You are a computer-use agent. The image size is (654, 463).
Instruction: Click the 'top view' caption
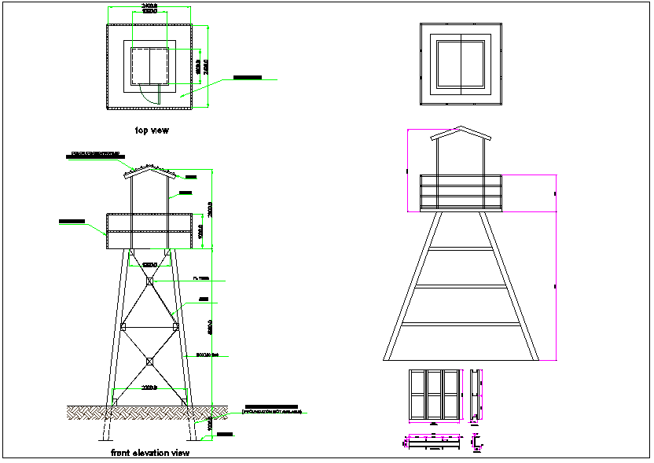click(x=151, y=130)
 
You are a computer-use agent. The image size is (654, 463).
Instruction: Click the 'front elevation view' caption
click(x=150, y=453)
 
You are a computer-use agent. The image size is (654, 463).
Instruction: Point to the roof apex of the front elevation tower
click(x=149, y=167)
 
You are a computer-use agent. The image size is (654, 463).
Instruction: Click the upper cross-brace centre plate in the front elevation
click(x=149, y=281)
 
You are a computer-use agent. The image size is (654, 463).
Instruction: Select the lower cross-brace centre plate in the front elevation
click(x=149, y=362)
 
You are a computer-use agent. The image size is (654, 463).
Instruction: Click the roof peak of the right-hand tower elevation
click(x=461, y=127)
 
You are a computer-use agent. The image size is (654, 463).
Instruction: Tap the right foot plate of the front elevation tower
click(x=185, y=402)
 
